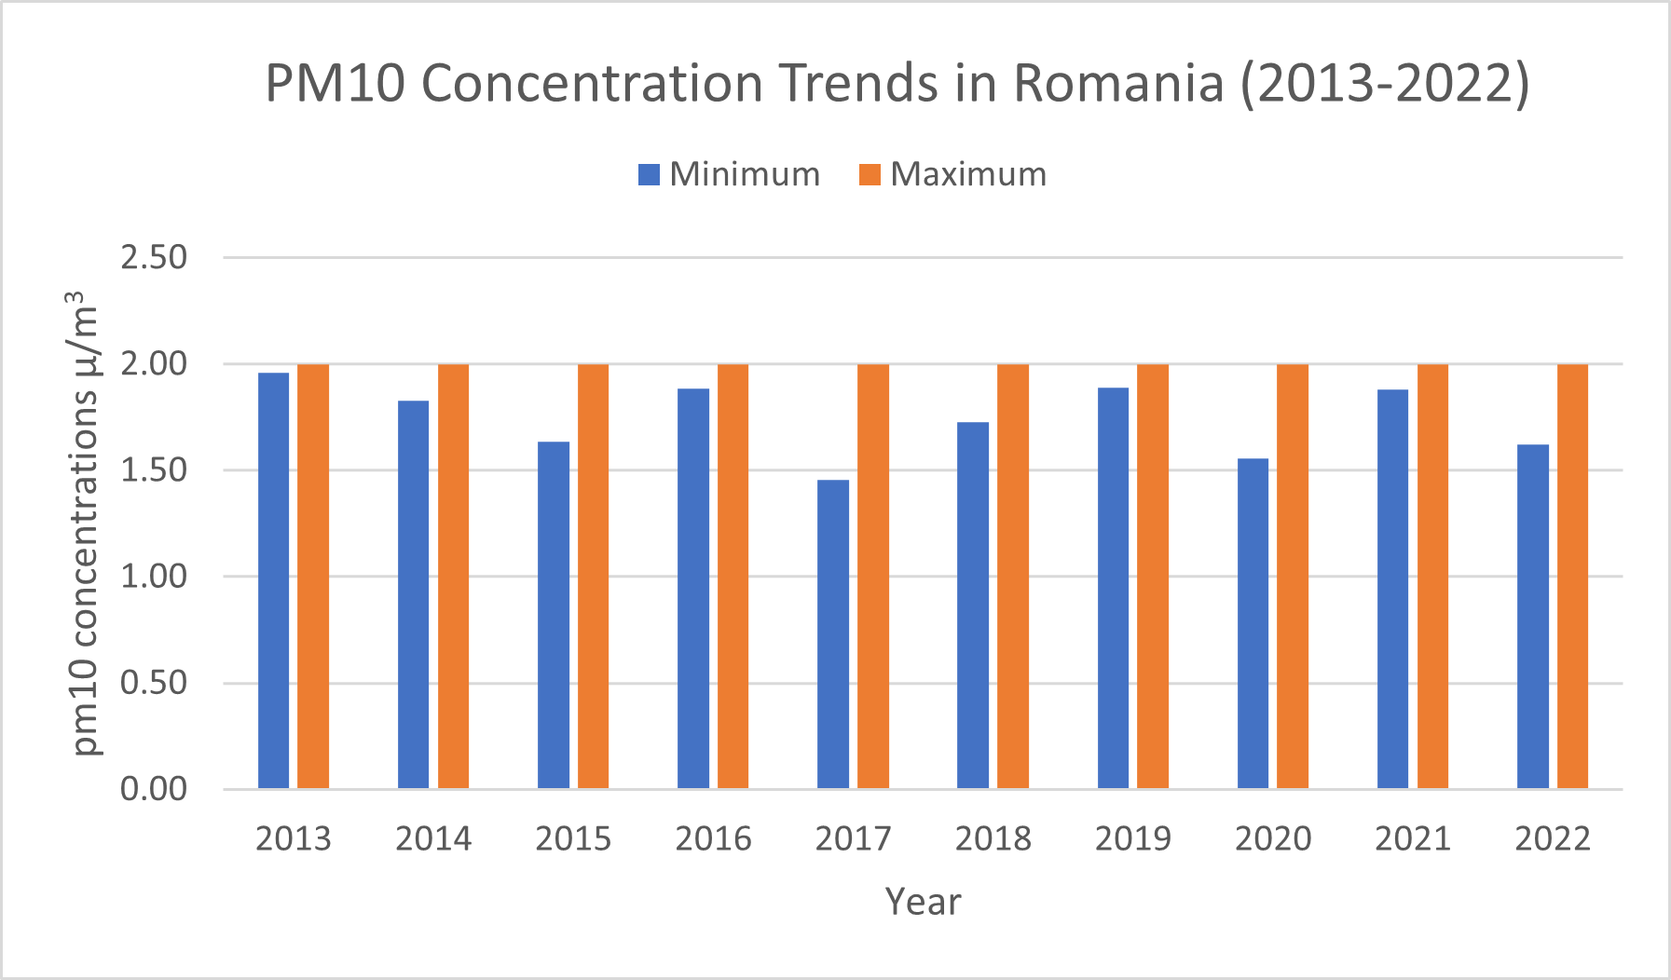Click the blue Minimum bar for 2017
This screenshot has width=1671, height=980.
832,633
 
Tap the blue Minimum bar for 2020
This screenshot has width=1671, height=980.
1253,623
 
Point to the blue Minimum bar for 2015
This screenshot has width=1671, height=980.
553,615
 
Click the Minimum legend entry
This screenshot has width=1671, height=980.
729,174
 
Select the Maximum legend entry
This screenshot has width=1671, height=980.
952,174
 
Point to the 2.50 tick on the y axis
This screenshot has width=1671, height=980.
154,257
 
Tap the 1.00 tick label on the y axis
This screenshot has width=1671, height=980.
154,576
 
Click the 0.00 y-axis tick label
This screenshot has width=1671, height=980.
154,789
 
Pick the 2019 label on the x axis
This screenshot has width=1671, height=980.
1132,838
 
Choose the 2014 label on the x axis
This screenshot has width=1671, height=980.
433,838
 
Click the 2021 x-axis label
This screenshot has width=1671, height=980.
1412,838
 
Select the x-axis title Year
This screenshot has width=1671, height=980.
923,902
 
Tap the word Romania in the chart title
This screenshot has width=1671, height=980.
1117,84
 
